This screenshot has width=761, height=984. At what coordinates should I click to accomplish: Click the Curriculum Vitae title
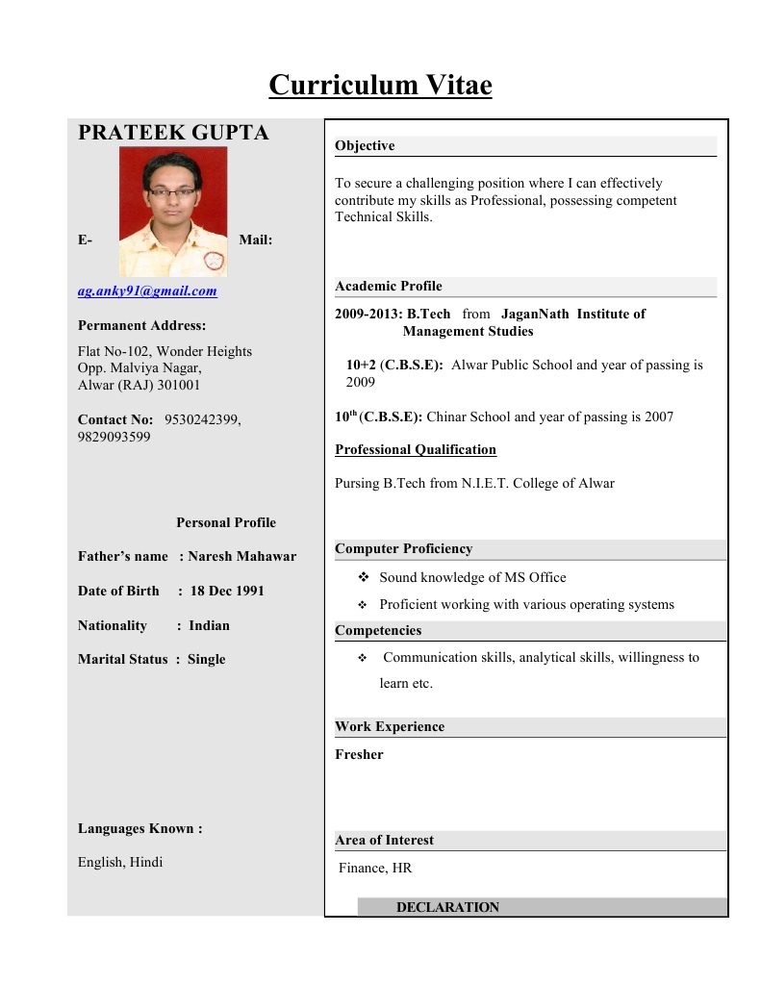[x=380, y=86]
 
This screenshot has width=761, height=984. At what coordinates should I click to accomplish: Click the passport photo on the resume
[x=173, y=211]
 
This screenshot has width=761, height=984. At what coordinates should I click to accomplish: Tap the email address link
[x=147, y=290]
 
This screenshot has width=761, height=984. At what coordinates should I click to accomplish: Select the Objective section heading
[x=365, y=146]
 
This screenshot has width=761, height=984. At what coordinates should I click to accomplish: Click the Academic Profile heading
[x=389, y=287]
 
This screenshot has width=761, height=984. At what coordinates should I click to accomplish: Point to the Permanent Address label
[x=141, y=326]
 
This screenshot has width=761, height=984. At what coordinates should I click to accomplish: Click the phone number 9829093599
[x=114, y=437]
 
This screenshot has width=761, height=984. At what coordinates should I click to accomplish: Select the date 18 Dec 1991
[x=227, y=591]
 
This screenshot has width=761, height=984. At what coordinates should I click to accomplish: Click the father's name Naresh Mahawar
[x=241, y=556]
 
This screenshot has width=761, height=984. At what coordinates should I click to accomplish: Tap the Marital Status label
[x=123, y=659]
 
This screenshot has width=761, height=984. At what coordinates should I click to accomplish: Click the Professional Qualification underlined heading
[x=416, y=449]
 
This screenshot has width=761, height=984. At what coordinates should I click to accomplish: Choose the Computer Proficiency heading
[x=404, y=549]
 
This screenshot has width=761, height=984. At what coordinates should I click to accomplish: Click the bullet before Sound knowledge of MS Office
[x=364, y=577]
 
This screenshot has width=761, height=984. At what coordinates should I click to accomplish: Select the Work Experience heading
[x=390, y=727]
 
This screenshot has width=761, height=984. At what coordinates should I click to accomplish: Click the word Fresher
[x=359, y=755]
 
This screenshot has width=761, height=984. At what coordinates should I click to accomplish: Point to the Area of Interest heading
[x=384, y=841]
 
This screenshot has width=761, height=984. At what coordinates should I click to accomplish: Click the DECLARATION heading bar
[x=447, y=907]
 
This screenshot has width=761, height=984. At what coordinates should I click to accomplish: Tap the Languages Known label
[x=140, y=828]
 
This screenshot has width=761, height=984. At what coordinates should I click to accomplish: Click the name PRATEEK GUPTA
[x=173, y=134]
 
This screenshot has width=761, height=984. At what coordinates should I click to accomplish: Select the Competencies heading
[x=378, y=631]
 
